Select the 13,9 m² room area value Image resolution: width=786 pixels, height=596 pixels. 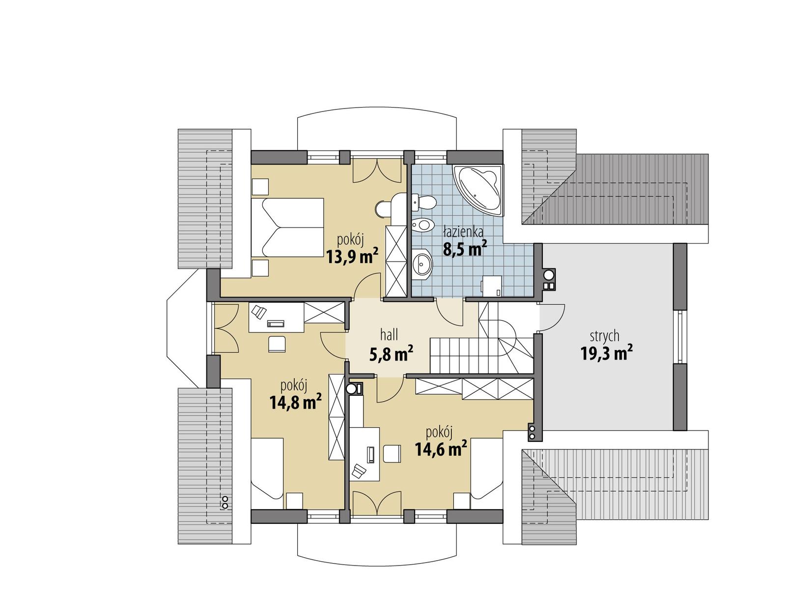[x=352, y=255]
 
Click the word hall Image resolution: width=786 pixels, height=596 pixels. [x=389, y=335]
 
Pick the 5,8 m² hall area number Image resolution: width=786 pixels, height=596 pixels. [x=391, y=353]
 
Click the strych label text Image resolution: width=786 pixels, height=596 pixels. [x=604, y=336]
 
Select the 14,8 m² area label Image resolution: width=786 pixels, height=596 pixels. [x=295, y=403]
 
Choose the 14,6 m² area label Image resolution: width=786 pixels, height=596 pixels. [x=441, y=448]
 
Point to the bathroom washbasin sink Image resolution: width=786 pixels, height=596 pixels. [x=421, y=263]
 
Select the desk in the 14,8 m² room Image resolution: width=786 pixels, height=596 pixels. [x=275, y=318]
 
